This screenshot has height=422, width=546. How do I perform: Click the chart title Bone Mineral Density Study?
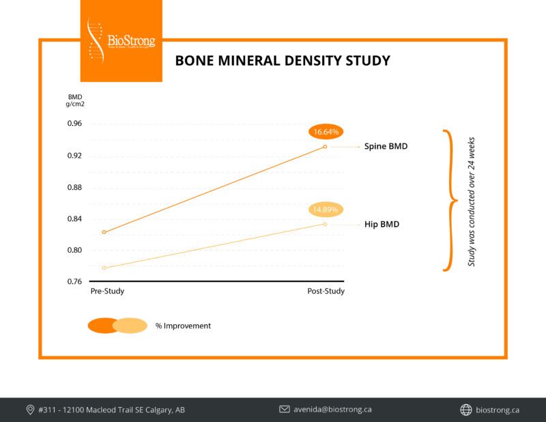click(x=283, y=60)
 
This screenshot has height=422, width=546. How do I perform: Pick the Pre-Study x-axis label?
click(x=108, y=292)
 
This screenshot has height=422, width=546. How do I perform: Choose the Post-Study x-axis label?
click(x=325, y=292)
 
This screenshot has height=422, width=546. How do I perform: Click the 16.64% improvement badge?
click(x=325, y=131)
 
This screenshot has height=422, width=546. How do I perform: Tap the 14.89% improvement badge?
click(x=325, y=209)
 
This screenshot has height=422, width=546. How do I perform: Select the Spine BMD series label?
click(x=386, y=147)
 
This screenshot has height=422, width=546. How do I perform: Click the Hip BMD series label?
click(x=382, y=224)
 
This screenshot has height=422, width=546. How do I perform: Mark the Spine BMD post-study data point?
click(x=325, y=147)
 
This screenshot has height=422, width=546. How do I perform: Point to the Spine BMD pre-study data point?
click(x=104, y=232)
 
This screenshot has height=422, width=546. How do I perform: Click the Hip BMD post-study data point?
click(x=325, y=224)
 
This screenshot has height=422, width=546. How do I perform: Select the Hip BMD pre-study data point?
click(x=104, y=268)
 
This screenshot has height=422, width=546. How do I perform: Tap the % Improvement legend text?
click(x=183, y=326)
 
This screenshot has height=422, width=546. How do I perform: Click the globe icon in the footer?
click(x=466, y=410)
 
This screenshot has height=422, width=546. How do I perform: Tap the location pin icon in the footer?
click(x=30, y=410)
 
